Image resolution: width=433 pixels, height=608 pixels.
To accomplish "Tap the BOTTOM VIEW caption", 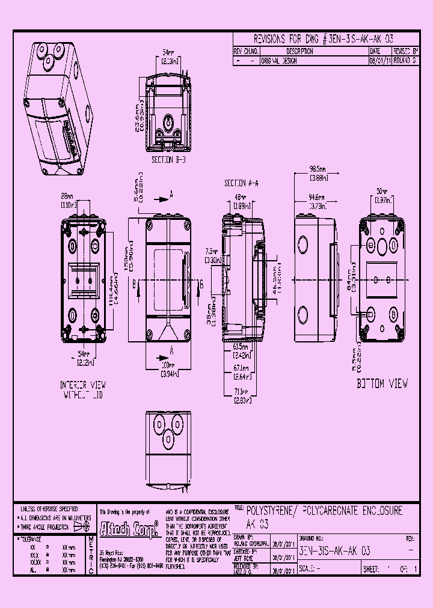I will click(x=382, y=383).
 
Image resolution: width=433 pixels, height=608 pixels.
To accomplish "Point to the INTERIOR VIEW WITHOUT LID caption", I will click(x=84, y=389).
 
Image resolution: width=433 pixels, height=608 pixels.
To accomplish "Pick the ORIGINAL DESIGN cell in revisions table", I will click(x=279, y=61).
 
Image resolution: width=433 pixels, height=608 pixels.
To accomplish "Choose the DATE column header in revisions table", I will click(x=375, y=52).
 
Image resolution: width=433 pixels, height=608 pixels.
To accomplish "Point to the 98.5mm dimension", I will click(x=317, y=174).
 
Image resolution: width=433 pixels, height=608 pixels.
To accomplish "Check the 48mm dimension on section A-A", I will click(x=241, y=201).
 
